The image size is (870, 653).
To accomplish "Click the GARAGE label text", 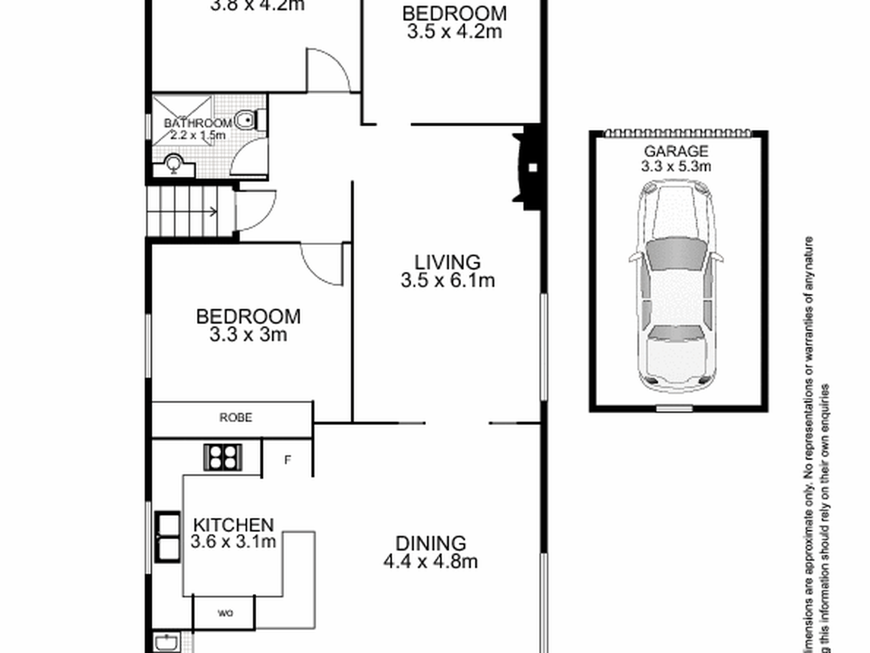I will [x=676, y=151].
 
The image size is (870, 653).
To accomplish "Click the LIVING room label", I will [x=447, y=263].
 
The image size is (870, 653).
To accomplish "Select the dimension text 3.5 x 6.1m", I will [x=447, y=280].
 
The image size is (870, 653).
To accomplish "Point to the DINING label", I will [x=430, y=543].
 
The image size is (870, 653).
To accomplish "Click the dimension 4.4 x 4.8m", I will [x=430, y=561].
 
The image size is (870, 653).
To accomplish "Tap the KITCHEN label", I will [x=234, y=525].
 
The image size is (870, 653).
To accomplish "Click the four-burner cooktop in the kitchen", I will [x=223, y=457].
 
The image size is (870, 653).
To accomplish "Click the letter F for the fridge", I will [x=288, y=460].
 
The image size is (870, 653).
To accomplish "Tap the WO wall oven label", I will [x=225, y=613].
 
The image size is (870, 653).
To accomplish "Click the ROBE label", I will [x=235, y=417].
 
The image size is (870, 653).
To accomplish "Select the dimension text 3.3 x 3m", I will [x=248, y=335].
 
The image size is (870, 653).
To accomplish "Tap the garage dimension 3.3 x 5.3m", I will [x=676, y=166].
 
